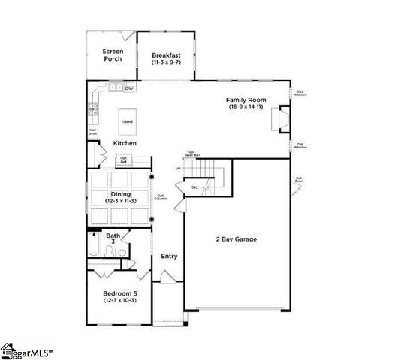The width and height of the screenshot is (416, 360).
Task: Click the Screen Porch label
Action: coord(112,55)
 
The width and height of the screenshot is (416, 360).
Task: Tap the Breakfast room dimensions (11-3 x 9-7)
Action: coord(166,63)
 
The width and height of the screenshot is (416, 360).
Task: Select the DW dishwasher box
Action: coord(129,88)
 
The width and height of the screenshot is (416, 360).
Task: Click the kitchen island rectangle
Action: coord(128,121)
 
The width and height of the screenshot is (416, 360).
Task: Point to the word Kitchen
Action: coord(125,142)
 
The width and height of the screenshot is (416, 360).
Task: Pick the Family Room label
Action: coord(246,99)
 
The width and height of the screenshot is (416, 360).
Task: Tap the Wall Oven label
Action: coord(92,131)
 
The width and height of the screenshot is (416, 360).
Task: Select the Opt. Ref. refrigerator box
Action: coord(123,160)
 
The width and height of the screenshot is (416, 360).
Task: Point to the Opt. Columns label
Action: coord(161,197)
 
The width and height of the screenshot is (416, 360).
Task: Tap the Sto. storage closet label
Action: coord(194,187)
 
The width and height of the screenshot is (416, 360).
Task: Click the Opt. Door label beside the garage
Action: coord(299,180)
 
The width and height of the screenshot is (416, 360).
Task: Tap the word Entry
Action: coord(169,256)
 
